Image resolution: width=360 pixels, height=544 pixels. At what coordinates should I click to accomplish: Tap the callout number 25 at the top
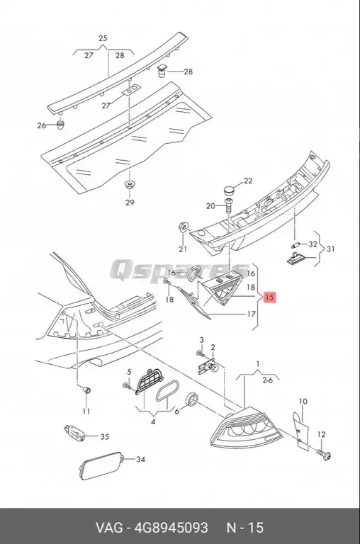pyautogui.click(x=102, y=38)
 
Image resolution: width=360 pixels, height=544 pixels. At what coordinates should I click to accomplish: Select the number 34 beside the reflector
pyautogui.click(x=140, y=460)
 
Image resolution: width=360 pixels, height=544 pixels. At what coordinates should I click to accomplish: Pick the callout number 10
pyautogui.click(x=303, y=402)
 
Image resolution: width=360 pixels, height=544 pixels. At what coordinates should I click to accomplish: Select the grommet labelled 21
pyautogui.click(x=183, y=227)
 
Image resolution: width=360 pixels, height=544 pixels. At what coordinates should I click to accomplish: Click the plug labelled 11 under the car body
pyautogui.click(x=86, y=390)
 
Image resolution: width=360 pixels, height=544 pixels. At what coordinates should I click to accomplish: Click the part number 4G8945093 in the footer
pyautogui.click(x=173, y=528)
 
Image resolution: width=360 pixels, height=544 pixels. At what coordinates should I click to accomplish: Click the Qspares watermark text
pyautogui.click(x=170, y=271)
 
